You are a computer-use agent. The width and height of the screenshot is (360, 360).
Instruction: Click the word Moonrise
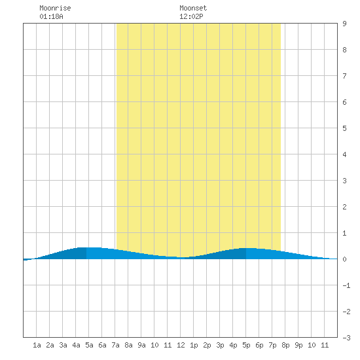point(55,8)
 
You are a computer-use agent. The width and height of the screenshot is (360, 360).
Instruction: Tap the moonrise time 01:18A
point(51,16)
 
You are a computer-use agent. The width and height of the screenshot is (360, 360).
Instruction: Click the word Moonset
point(193,8)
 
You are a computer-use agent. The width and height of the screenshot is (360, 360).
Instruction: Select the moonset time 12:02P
point(191,16)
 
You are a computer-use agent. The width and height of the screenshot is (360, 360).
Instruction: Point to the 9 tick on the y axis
point(344,24)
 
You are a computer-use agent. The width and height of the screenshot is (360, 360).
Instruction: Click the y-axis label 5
point(344,128)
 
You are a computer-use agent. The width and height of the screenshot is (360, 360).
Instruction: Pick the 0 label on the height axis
point(344,259)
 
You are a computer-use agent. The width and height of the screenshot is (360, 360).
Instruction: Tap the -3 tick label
point(346,338)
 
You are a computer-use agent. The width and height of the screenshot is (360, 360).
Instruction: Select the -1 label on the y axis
point(346,285)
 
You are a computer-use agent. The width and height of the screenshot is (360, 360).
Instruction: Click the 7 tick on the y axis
point(344,76)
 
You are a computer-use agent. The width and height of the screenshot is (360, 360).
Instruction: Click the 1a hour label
point(37,345)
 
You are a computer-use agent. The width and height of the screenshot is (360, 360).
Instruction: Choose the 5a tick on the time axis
point(89,345)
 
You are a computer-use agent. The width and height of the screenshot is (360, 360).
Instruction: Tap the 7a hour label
point(115,345)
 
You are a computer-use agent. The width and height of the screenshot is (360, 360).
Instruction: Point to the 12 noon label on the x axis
point(181,345)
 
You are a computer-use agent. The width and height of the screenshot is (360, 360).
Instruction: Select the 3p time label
point(220,345)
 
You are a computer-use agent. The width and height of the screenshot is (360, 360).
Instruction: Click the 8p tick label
point(285,345)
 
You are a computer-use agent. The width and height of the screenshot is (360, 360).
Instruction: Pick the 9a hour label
point(141,345)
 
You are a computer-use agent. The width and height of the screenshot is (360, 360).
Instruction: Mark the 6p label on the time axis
point(259,345)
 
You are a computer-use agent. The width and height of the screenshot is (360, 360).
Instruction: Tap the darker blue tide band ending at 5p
point(225,255)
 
